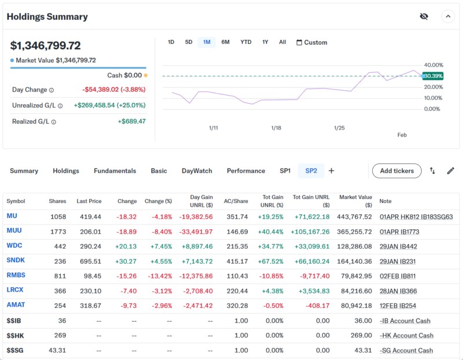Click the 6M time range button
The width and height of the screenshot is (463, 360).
click(225, 42)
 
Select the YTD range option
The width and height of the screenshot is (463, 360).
click(246, 42)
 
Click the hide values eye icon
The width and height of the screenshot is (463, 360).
click(424, 16)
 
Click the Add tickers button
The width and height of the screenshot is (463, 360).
click(396, 171)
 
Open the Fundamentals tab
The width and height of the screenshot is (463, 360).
click(115, 171)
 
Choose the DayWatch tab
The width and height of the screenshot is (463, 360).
click(197, 171)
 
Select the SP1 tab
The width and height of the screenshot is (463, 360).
click(285, 171)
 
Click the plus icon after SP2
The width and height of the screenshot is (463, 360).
click(332, 171)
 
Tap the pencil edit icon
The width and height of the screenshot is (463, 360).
click(451, 171)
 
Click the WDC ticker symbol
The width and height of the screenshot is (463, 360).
click(14, 245)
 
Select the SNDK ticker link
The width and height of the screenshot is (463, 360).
click(16, 260)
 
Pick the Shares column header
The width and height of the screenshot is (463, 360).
click(57, 201)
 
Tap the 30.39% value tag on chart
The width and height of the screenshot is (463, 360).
click(433, 76)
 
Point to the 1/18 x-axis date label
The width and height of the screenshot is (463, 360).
click(276, 128)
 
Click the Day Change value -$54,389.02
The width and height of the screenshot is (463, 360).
click(113, 90)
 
